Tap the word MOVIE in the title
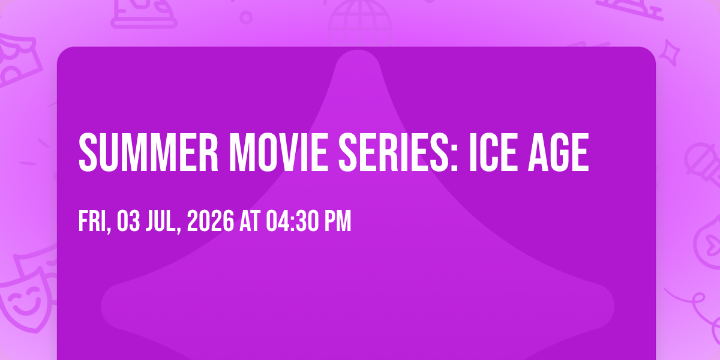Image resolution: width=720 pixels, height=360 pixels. [x=278, y=152]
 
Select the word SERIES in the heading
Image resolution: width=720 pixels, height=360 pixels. [x=394, y=152]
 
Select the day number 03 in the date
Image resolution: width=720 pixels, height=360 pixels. [x=128, y=221]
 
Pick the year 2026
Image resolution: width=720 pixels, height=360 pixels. [x=211, y=221]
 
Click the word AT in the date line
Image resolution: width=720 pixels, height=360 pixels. [x=250, y=221]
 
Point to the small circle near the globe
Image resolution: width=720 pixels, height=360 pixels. [x=246, y=17]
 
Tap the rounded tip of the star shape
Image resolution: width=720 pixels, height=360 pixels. [x=358, y=55]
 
